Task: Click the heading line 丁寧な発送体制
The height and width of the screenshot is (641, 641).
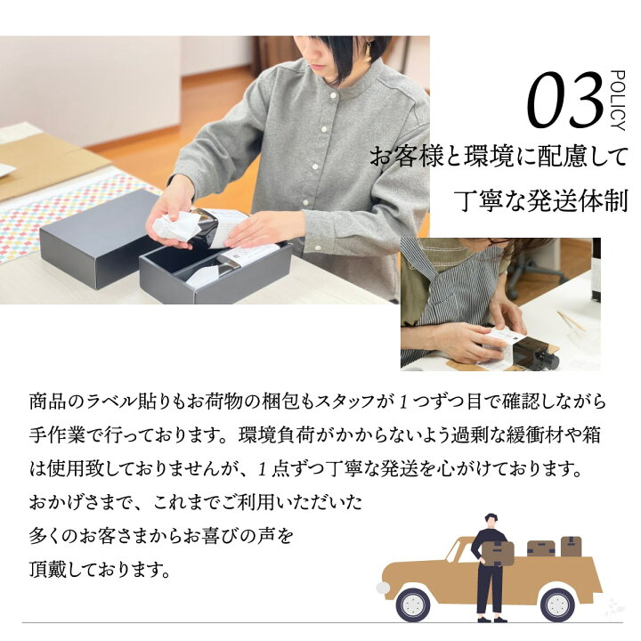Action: tap(540, 199)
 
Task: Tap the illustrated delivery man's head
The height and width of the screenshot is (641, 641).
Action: tap(491, 520)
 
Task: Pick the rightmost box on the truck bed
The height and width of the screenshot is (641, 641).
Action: tap(571, 547)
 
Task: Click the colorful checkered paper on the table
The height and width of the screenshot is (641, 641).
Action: tap(53, 214)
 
